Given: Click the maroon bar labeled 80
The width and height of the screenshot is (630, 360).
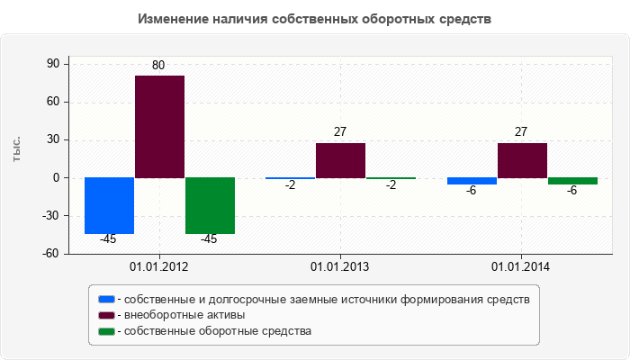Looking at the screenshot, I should pos(159,126).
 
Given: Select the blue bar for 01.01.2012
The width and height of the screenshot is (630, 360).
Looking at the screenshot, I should pos(109,205).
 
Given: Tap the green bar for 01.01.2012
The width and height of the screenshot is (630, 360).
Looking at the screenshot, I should pos(210,205).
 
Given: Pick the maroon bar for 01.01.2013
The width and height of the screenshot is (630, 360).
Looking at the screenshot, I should pos(340,160).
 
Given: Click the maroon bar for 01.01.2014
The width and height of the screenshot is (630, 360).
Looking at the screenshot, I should pos(522,160).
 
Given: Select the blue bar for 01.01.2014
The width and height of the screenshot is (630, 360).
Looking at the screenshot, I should pos(472,181).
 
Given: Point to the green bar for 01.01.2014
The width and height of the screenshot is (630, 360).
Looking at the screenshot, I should pos(572,181).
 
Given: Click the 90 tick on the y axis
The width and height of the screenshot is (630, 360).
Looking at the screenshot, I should pos(51,64).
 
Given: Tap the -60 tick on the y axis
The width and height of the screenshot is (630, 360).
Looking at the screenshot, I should pos(49,254).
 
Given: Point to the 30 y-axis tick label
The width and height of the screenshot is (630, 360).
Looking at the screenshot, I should pos(51,139).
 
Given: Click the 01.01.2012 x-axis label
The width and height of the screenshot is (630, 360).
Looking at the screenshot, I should pos(159,267).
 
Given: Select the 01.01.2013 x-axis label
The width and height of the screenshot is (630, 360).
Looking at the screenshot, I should pos(340,267).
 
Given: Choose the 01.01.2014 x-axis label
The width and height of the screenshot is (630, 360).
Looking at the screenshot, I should pos(521,267).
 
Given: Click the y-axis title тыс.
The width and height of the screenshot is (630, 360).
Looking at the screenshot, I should pos(17,150).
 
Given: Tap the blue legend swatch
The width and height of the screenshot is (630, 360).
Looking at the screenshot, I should pos(106,299).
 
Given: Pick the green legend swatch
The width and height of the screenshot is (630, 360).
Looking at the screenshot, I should pos(106,331).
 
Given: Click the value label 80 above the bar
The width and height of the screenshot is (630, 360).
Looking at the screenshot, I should pos(158,66).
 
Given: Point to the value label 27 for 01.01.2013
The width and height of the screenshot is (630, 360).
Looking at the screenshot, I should pos(340,132).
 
